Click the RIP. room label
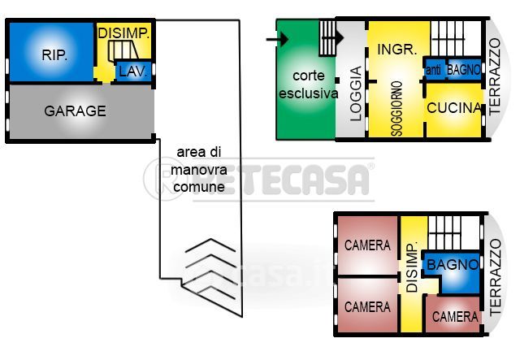click(x=54, y=56)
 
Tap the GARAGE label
click(x=75, y=111)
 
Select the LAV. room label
click(x=132, y=72)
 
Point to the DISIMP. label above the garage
click(x=123, y=33)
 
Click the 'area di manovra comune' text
click(x=199, y=170)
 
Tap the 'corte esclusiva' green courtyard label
click(x=308, y=85)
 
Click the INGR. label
click(x=397, y=49)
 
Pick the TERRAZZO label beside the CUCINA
click(x=495, y=80)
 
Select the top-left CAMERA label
click(x=367, y=245)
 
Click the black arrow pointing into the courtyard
click(x=277, y=37)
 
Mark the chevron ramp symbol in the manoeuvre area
click(x=210, y=271)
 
